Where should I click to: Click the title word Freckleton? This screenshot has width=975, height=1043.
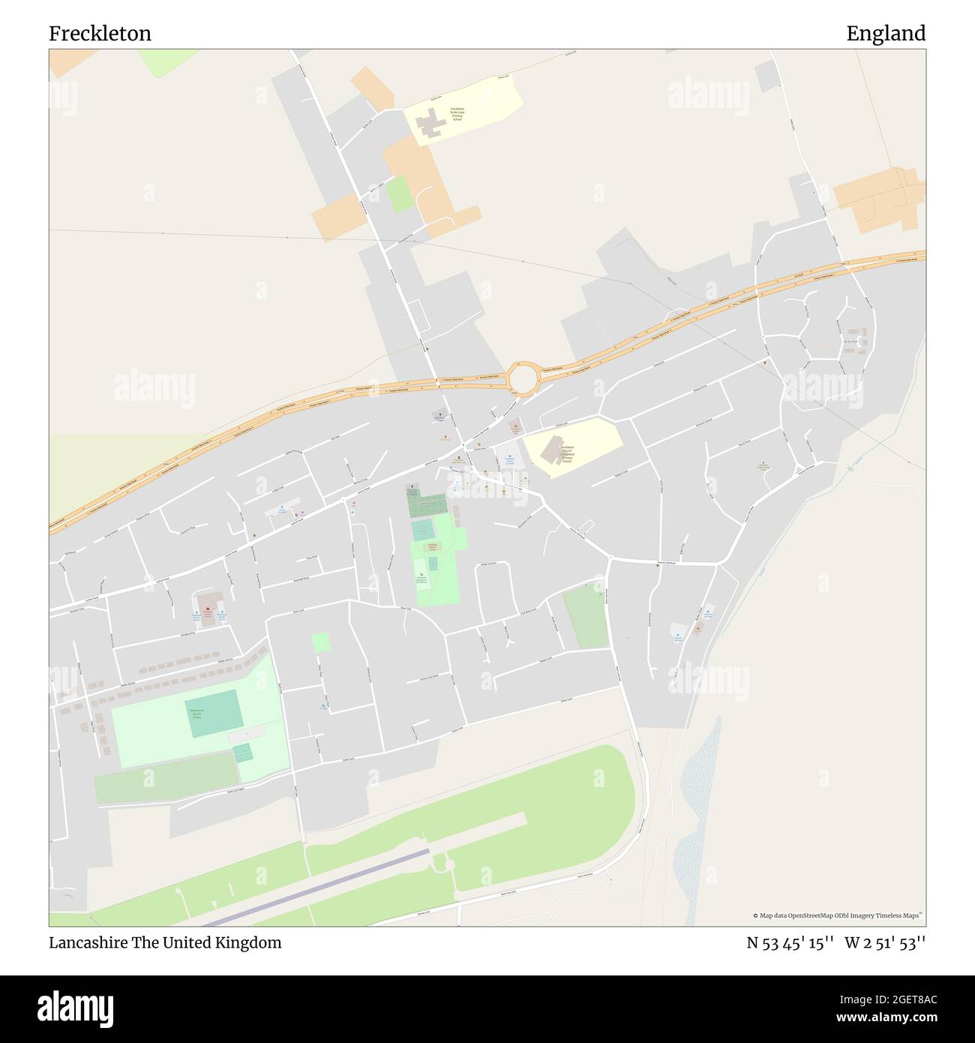pyautogui.click(x=100, y=34)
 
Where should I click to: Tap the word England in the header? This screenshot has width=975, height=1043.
pyautogui.click(x=886, y=34)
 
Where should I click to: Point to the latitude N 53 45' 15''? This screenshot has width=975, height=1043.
pyautogui.click(x=790, y=942)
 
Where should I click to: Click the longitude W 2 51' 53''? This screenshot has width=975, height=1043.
pyautogui.click(x=885, y=942)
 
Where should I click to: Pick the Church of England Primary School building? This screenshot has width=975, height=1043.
pyautogui.click(x=552, y=450)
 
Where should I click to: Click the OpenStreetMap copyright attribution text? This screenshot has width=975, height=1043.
pyautogui.click(x=838, y=915)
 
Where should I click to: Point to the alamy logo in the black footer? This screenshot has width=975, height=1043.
pyautogui.click(x=75, y=1008)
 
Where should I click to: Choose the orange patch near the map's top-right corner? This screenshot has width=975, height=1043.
pyautogui.click(x=877, y=197)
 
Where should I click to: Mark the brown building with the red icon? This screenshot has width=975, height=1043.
pyautogui.click(x=209, y=604)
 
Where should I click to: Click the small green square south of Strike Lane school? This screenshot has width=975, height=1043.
pyautogui.click(x=400, y=194)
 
